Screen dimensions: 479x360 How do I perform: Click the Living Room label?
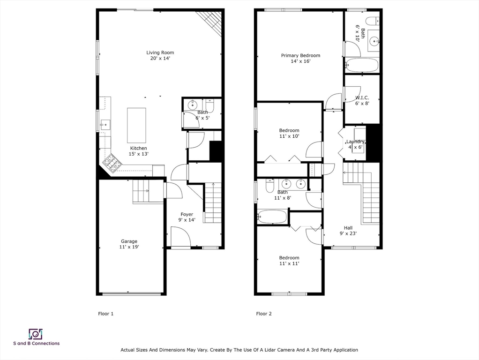160,52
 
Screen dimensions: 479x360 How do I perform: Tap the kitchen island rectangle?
136,125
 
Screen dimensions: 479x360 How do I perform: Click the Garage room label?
129,241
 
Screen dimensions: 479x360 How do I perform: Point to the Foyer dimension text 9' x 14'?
187,220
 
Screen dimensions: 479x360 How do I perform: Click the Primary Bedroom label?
300,56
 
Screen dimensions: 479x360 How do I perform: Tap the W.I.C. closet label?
362,98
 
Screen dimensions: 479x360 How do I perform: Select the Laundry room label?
355,142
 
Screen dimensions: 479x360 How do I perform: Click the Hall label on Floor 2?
348,228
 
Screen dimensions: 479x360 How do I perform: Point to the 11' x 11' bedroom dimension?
289,263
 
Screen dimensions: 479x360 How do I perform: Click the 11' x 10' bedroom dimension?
289,136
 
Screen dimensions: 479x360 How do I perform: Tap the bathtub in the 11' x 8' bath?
272,217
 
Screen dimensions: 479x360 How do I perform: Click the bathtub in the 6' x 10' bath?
362,65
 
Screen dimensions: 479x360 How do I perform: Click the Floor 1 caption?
106,314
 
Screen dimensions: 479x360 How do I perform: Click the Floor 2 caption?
264,314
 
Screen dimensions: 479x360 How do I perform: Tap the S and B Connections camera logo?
36,334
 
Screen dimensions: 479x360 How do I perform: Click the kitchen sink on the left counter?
105,125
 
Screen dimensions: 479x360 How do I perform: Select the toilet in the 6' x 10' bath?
373,21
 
